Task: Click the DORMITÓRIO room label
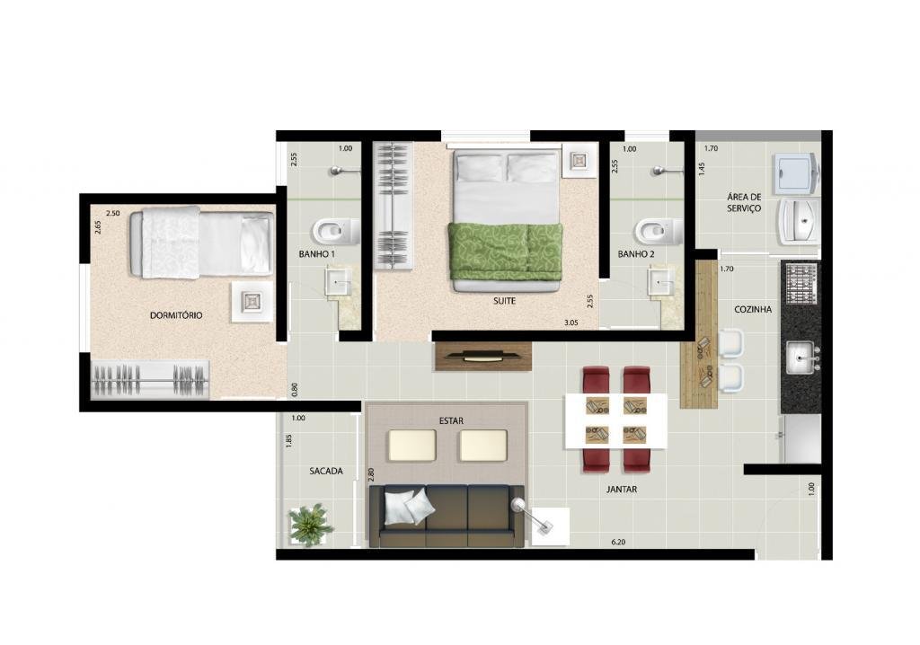coord(176,315)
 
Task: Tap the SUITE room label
coord(504,301)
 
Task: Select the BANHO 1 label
coord(317,254)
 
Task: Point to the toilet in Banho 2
coord(658,231)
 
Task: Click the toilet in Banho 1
coord(336,231)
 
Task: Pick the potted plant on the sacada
coord(310,524)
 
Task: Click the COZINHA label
coord(753,309)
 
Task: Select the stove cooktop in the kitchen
coord(801,285)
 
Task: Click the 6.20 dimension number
coord(618,543)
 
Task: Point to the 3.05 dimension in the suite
coord(571,322)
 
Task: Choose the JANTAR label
coord(622,489)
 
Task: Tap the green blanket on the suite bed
coord(505,252)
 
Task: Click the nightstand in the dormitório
coord(252,302)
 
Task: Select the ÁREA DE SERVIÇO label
coord(744,202)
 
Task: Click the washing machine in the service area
coord(796,173)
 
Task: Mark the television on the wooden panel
coord(482,355)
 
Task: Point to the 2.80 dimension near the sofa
coord(370,475)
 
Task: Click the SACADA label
coord(326,471)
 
